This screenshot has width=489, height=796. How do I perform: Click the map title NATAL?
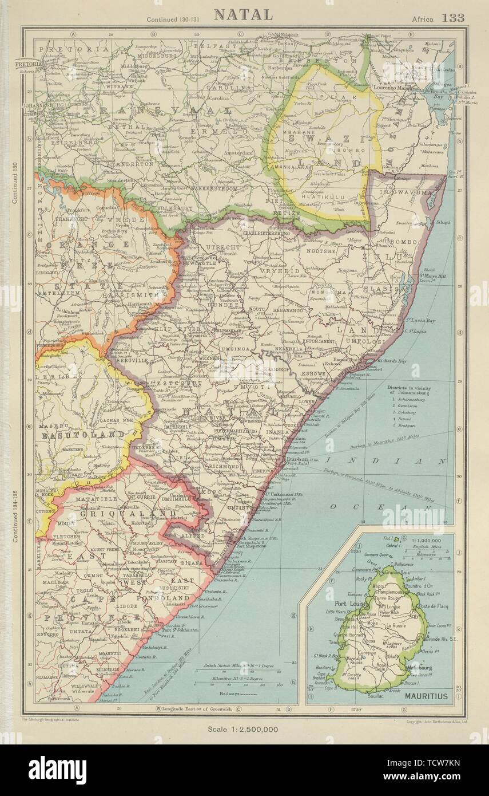pyautogui.click(x=243, y=14)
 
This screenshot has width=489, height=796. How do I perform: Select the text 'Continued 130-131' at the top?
pyautogui.click(x=170, y=19)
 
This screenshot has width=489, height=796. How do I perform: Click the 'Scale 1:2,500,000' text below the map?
pyautogui.click(x=243, y=729)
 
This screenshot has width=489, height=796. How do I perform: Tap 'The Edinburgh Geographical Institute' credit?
pyautogui.click(x=50, y=719)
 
